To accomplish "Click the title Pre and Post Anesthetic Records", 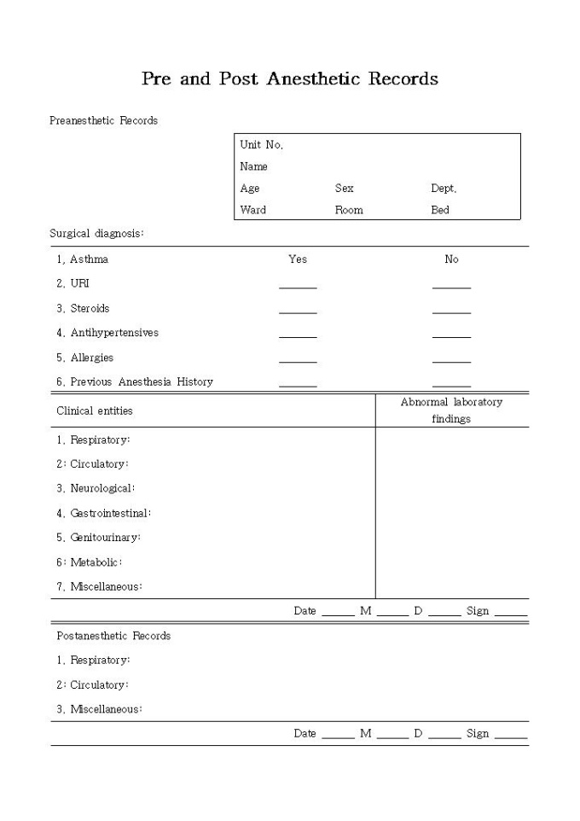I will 290,79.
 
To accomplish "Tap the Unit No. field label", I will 261,145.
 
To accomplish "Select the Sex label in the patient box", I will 344,189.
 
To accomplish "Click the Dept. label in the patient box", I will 444,189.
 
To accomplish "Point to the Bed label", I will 440,210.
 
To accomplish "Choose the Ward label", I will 252,210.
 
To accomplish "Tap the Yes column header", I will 298,259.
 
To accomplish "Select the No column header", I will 451,259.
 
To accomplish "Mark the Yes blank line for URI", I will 298,288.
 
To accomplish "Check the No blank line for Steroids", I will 451,312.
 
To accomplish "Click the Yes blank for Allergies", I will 298,361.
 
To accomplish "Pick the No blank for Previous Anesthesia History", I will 451,386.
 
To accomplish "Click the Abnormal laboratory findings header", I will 451,410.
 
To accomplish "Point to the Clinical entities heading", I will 95,410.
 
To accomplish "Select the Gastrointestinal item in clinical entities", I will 103,514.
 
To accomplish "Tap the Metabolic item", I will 90,562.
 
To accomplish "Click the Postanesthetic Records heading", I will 113,636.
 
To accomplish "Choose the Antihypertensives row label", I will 107,333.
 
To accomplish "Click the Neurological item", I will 96,489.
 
